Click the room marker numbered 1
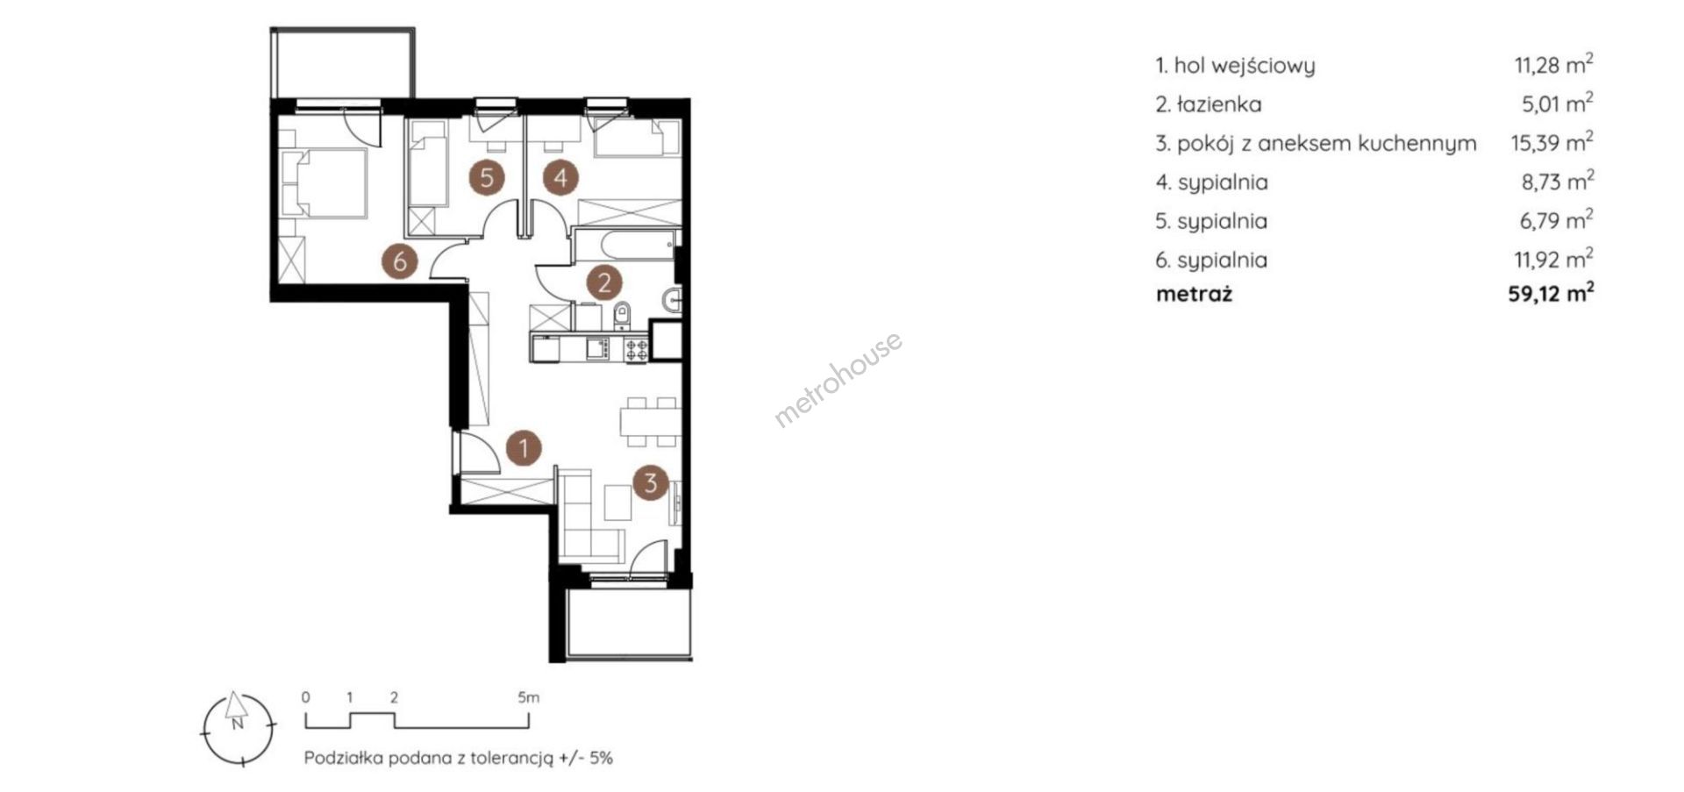tap(524, 449)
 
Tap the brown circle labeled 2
tap(604, 282)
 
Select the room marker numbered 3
tap(651, 482)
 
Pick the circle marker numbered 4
tap(560, 178)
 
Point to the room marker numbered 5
tap(487, 178)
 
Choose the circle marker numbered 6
tap(400, 260)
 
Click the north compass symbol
tap(237, 725)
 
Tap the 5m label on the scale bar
tap(528, 698)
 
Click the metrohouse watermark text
tap(838, 379)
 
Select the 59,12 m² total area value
tap(1551, 293)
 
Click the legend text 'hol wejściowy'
tap(1245, 66)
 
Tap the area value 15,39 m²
tap(1552, 142)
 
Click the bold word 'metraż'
tap(1194, 294)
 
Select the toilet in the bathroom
tap(623, 313)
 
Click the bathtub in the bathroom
tap(625, 245)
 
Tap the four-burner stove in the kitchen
tap(636, 349)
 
